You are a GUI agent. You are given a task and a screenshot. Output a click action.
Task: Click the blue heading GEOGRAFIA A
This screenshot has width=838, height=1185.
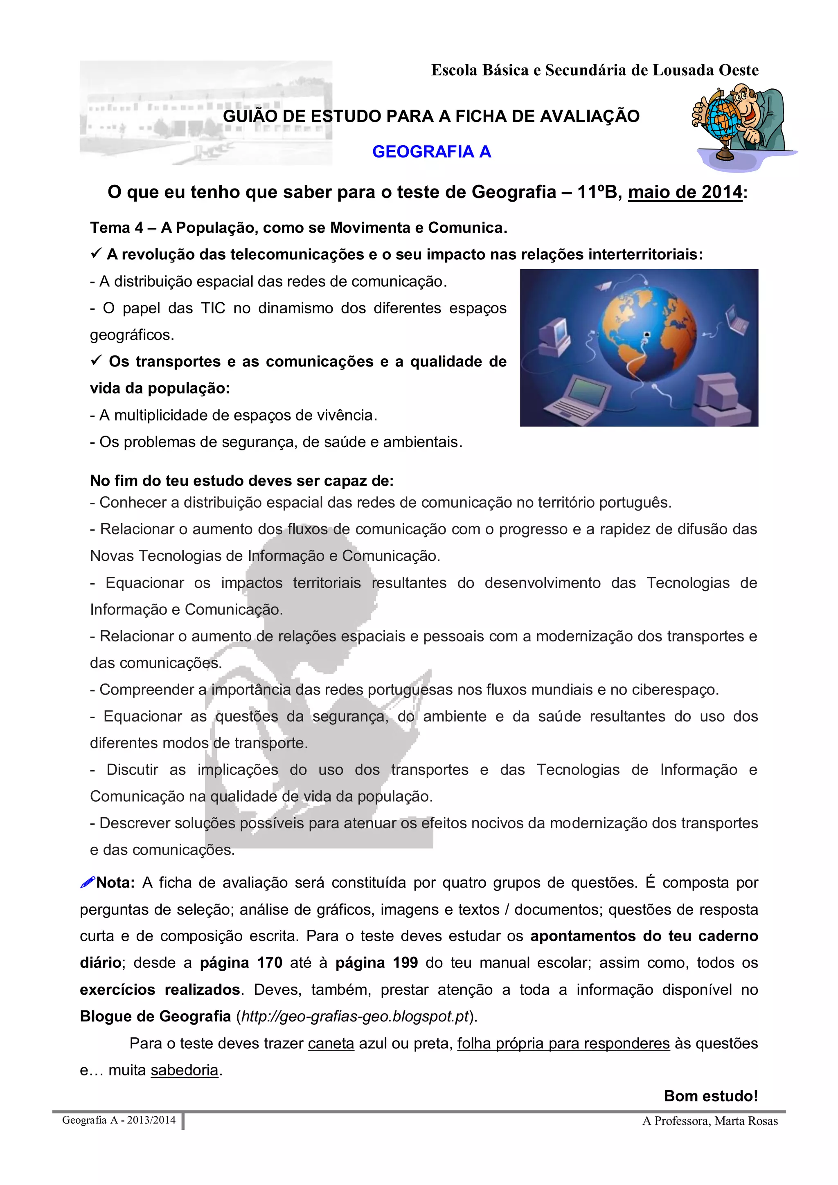click(x=431, y=152)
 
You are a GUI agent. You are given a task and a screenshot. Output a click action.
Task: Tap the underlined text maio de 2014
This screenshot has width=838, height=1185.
click(x=685, y=192)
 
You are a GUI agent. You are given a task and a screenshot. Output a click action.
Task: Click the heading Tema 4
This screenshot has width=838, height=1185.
click(x=117, y=227)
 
